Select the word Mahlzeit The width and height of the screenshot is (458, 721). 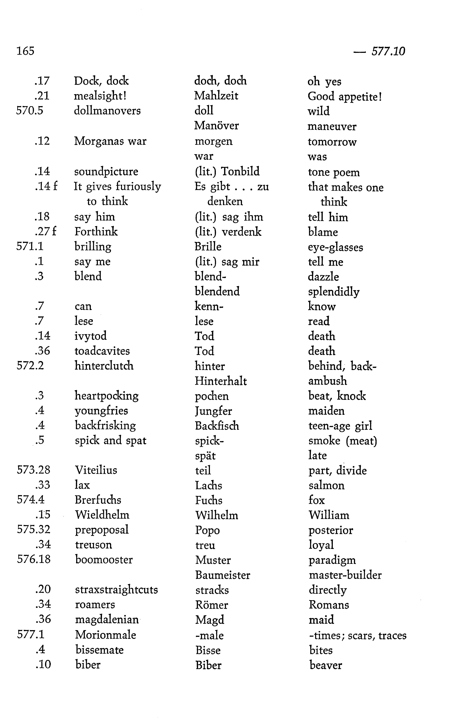(x=216, y=96)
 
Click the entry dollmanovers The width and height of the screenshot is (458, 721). (x=107, y=111)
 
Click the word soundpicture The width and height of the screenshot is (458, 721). (x=106, y=172)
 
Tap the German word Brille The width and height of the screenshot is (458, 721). (x=208, y=246)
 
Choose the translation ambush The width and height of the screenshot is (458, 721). (x=327, y=381)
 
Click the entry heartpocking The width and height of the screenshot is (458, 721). (x=107, y=396)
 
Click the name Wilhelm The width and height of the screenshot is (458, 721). (x=217, y=515)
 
